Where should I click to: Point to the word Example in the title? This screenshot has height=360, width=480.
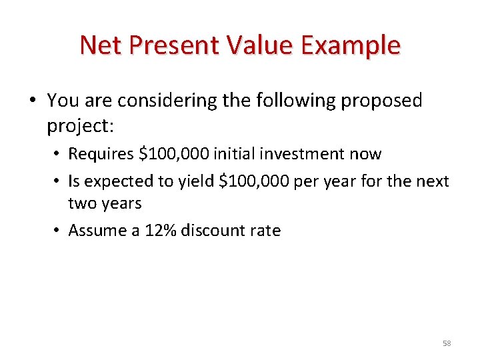351,45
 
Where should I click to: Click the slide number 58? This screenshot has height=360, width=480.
447,343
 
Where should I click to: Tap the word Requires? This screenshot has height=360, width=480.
101,154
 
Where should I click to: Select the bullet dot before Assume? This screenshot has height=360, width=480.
59,231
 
